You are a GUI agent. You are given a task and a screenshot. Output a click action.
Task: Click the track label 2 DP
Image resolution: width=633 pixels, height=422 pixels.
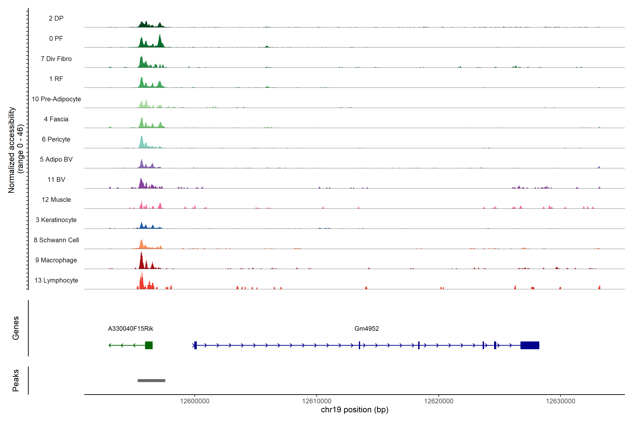pos(56,18)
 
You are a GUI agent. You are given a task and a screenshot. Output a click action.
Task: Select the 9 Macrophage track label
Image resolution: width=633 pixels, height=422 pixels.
pos(56,260)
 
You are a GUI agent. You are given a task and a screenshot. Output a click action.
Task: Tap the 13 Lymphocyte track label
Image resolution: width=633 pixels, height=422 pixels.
pos(56,280)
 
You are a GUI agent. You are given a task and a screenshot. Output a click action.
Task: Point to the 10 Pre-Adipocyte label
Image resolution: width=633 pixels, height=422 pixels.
pos(56,99)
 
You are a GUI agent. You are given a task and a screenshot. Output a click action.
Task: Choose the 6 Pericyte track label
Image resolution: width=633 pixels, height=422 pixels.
pos(56,139)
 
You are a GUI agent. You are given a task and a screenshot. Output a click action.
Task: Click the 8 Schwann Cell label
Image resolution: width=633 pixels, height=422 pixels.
pos(56,240)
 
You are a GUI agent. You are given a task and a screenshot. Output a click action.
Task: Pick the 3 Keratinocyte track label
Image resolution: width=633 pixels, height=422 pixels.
pos(56,220)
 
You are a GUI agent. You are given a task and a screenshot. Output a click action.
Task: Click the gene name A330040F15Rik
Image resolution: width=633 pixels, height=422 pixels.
pos(130,329)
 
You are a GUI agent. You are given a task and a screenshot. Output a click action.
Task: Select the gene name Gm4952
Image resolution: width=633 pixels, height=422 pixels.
pos(367,329)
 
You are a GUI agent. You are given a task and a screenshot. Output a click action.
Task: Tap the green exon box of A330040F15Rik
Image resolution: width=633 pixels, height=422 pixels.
pos(149,345)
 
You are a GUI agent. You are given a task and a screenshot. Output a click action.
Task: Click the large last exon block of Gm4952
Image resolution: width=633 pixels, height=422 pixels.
pos(530,345)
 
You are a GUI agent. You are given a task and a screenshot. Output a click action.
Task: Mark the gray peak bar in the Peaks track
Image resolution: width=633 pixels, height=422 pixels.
pos(152,381)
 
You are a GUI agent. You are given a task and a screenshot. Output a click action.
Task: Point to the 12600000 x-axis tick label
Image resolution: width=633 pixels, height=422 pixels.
pos(195,401)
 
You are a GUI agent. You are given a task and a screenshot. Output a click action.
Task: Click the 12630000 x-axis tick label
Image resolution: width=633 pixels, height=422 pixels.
pos(561,401)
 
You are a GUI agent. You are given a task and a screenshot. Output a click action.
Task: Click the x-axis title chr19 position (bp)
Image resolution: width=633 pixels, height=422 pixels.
pos(354,410)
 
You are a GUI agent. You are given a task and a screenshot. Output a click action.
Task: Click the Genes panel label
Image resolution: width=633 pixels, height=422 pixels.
pos(16,328)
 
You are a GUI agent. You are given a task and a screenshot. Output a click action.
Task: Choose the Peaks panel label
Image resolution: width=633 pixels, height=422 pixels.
pos(16,380)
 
